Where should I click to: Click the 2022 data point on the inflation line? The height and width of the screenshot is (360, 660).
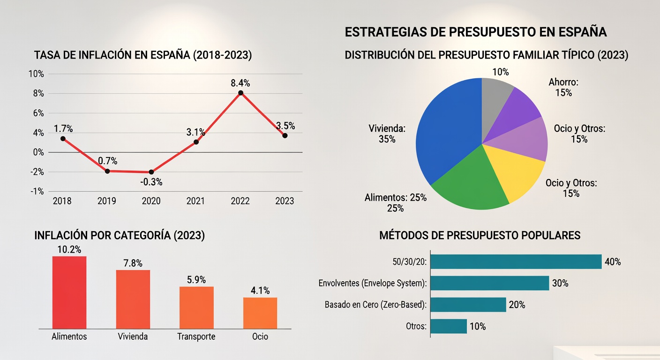[240, 93]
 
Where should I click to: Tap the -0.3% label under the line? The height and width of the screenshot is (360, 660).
[151, 182]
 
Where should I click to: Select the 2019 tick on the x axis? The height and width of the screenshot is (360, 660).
[106, 201]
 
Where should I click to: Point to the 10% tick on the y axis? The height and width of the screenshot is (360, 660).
[36, 74]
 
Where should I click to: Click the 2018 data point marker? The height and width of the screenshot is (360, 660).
[62, 138]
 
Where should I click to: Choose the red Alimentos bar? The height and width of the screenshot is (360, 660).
[69, 292]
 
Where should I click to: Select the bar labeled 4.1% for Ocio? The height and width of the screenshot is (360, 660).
[260, 313]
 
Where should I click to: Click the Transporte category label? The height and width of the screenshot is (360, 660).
[196, 337]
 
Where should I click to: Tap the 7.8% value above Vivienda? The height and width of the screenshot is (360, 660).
[133, 263]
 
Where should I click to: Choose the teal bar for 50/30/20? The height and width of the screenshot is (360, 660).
[516, 262]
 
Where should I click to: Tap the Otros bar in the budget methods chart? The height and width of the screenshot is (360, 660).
[449, 326]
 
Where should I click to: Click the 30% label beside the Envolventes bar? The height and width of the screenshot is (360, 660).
[560, 283]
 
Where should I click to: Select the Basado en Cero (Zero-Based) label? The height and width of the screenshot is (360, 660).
[375, 305]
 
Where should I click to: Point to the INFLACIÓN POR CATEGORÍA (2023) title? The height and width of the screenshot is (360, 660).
[120, 235]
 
